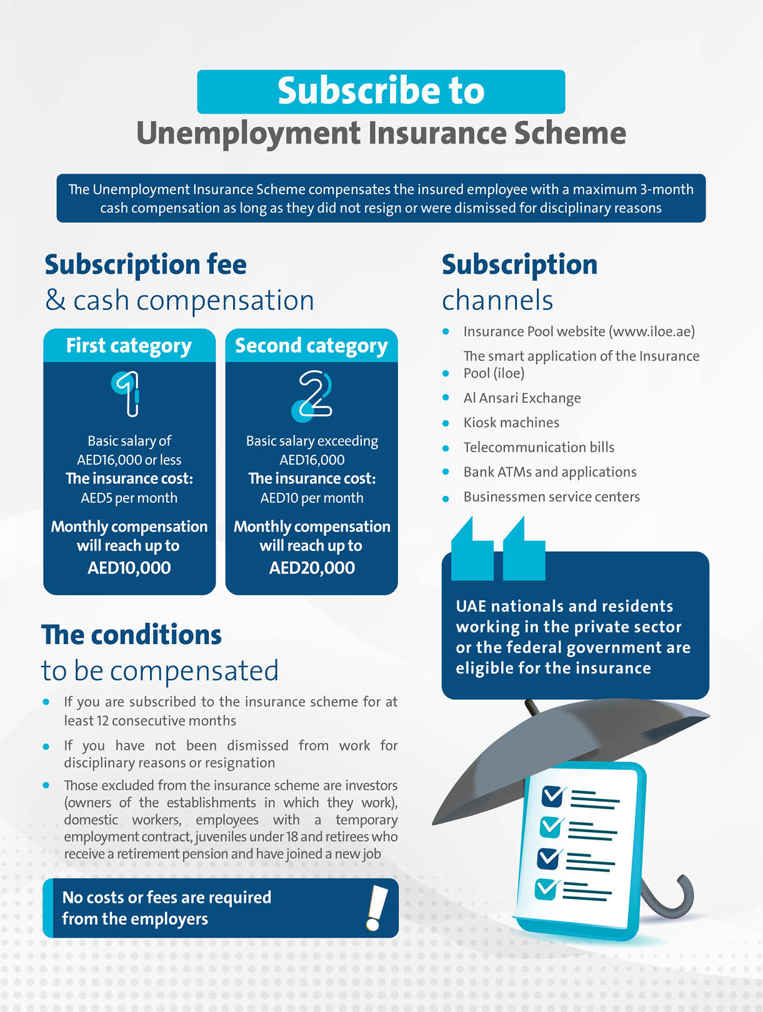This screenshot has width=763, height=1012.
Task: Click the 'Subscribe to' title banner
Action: point(381,91)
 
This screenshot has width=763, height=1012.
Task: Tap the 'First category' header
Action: point(129,345)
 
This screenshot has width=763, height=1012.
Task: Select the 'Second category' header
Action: point(311,345)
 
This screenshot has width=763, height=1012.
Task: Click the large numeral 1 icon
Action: point(127,393)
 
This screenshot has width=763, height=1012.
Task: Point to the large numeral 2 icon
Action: point(312,395)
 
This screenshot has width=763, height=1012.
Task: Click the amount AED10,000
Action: point(129,568)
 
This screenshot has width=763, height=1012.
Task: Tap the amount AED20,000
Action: point(312,568)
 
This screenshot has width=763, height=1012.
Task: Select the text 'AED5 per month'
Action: point(129,498)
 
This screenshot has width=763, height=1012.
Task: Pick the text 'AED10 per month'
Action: point(312,498)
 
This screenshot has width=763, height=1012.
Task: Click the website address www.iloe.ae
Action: point(652,332)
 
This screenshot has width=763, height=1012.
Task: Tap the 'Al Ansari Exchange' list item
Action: point(522,398)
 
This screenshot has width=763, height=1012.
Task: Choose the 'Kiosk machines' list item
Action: point(511,423)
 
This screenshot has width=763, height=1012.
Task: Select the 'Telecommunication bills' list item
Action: point(539,447)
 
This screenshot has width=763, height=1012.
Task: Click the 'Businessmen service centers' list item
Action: point(551,497)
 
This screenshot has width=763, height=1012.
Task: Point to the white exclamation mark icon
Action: point(376,908)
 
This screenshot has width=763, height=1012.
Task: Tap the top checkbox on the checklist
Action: point(552,796)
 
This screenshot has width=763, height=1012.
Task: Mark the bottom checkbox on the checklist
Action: point(546,888)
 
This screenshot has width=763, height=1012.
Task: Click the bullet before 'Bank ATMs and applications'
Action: point(446,472)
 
